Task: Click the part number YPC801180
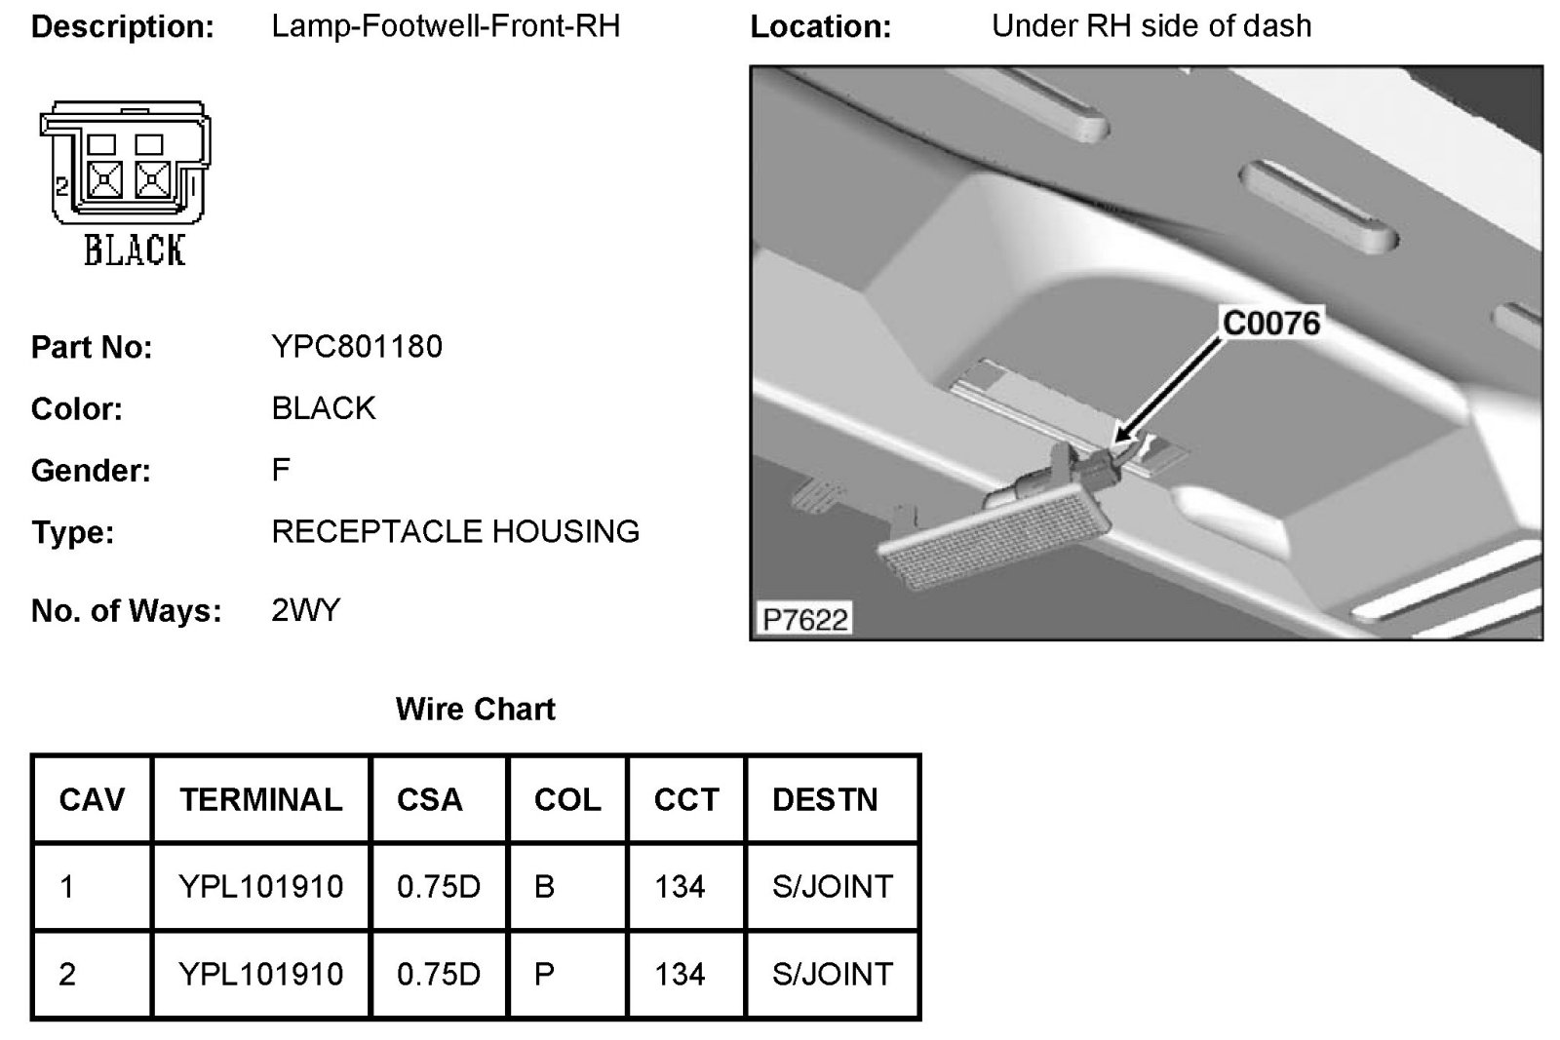pos(357,346)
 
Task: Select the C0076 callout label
pos(1270,323)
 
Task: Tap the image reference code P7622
pos(804,619)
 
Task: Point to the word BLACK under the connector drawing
pos(134,250)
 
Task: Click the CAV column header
pos(92,799)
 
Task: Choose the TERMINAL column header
pos(260,799)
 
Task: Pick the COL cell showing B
pos(545,886)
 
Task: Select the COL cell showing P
pos(545,974)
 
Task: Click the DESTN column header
pos(825,799)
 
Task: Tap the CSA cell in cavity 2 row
pos(439,974)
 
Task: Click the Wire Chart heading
pos(476,709)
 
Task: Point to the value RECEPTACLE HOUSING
pos(455,531)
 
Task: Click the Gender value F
pos(281,470)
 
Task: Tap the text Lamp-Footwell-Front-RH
pos(446,25)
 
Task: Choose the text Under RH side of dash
pos(1151,25)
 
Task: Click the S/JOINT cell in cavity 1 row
pos(832,886)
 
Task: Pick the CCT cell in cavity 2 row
pos(680,974)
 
